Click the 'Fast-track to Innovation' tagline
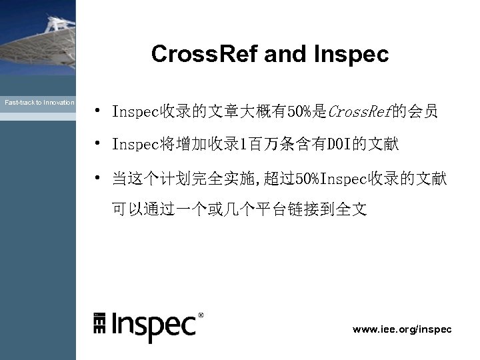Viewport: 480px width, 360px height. pyautogui.click(x=39, y=103)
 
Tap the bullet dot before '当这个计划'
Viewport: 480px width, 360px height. pyautogui.click(x=97, y=177)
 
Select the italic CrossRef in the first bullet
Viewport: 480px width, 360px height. pyautogui.click(x=360, y=111)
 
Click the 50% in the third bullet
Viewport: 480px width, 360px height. pyautogui.click(x=307, y=178)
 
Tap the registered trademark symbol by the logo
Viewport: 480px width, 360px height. pyautogui.click(x=201, y=314)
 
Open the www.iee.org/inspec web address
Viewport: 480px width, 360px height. pyautogui.click(x=402, y=329)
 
